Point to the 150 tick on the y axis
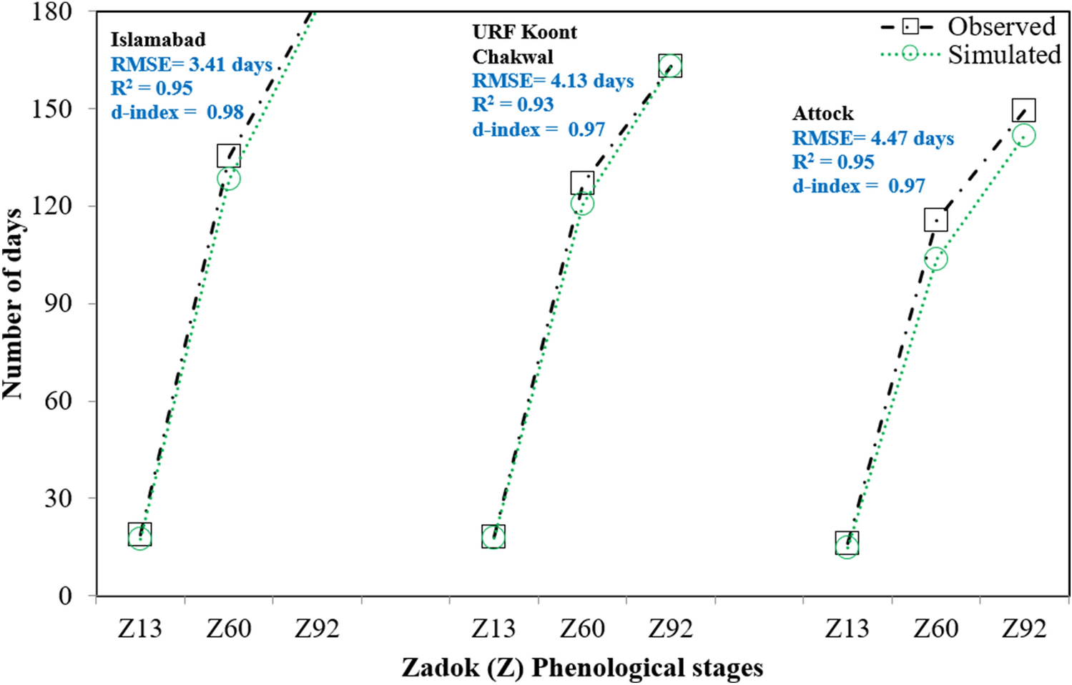pyautogui.click(x=52, y=109)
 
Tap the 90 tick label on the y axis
pyautogui.click(x=58, y=303)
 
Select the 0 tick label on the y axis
pyautogui.click(x=65, y=596)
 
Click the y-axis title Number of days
pyautogui.click(x=13, y=304)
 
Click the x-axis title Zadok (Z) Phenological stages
pyautogui.click(x=582, y=668)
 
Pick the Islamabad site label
pyautogui.click(x=158, y=39)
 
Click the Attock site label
pyautogui.click(x=822, y=114)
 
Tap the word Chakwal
pyautogui.click(x=513, y=56)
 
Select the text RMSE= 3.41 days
pyautogui.click(x=192, y=64)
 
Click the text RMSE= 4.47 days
pyautogui.click(x=873, y=138)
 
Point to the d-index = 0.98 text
pyautogui.click(x=177, y=112)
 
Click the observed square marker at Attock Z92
pyautogui.click(x=1024, y=110)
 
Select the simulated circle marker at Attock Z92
pyautogui.click(x=1023, y=136)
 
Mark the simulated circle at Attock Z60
pyautogui.click(x=935, y=259)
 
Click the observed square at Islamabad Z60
pyautogui.click(x=229, y=155)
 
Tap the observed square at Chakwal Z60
pyautogui.click(x=582, y=183)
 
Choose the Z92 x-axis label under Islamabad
pyautogui.click(x=317, y=629)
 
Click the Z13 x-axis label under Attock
pyautogui.click(x=847, y=629)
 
